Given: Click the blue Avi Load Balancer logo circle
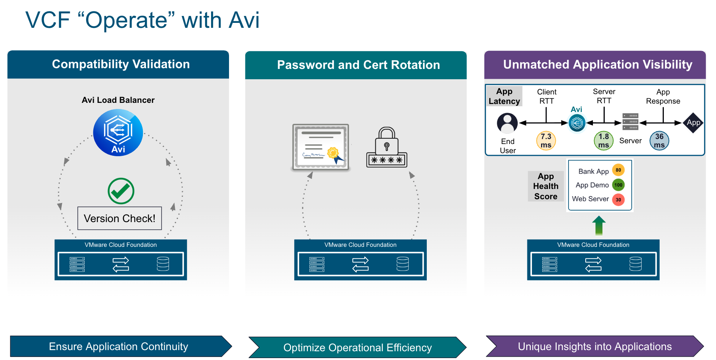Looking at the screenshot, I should tap(118, 133).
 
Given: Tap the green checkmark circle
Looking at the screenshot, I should tap(121, 191).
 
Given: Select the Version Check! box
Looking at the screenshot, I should tap(120, 218).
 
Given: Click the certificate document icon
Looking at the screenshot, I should tap(321, 147).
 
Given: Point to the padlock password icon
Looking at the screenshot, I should tap(387, 148).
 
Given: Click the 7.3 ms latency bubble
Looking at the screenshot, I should tap(546, 141).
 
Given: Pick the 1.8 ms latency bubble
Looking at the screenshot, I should tap(604, 141).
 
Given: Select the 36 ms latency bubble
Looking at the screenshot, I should tap(659, 141).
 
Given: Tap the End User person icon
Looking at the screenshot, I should tap(507, 123).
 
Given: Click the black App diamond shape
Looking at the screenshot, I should tap(693, 123).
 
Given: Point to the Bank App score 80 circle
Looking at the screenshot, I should tap(618, 170).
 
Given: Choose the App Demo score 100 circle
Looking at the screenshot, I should tap(618, 185).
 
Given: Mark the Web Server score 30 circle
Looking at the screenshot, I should tap(618, 200).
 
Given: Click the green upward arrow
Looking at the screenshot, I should tap(599, 225).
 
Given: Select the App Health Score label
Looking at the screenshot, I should tap(546, 186).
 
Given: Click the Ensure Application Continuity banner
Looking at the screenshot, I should tap(119, 346).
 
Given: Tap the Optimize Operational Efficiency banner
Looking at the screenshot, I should tap(357, 347).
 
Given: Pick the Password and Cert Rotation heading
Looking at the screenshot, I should tap(358, 65).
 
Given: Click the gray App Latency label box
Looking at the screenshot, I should tap(504, 96).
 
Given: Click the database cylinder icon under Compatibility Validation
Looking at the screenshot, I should tap(163, 264).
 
